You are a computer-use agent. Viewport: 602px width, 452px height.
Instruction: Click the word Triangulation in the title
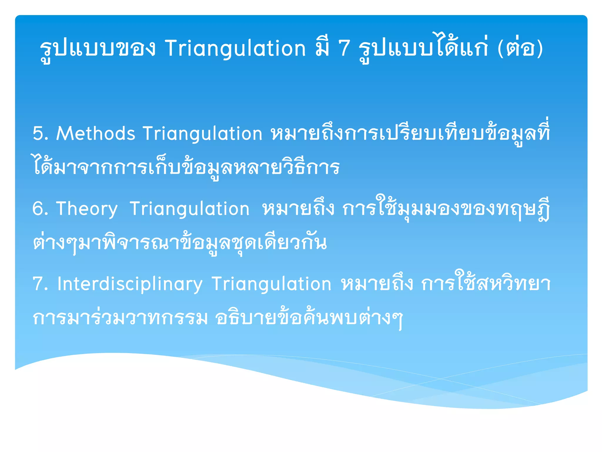click(235, 49)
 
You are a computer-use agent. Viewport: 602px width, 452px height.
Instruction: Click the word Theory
click(87, 209)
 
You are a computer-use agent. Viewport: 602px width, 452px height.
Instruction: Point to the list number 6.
click(40, 209)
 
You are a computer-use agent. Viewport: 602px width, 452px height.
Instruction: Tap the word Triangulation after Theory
click(190, 209)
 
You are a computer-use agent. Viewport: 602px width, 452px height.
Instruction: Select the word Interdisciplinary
click(130, 284)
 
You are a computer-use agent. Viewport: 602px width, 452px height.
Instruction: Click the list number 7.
click(40, 284)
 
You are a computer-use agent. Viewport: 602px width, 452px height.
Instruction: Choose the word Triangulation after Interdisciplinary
click(271, 284)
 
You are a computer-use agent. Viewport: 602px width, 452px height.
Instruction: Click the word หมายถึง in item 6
click(298, 209)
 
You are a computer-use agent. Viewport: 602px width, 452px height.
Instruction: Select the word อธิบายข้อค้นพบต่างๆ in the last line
click(309, 318)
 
